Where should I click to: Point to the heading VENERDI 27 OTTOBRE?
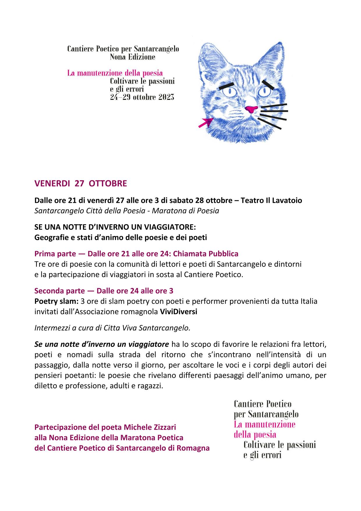(81, 184)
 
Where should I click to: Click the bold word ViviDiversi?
(178, 312)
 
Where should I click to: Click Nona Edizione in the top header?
(132, 57)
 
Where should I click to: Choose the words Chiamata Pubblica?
(206, 254)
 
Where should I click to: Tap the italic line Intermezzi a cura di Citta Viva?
(112, 328)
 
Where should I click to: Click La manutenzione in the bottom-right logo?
(264, 424)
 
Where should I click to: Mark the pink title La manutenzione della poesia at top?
(115, 73)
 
